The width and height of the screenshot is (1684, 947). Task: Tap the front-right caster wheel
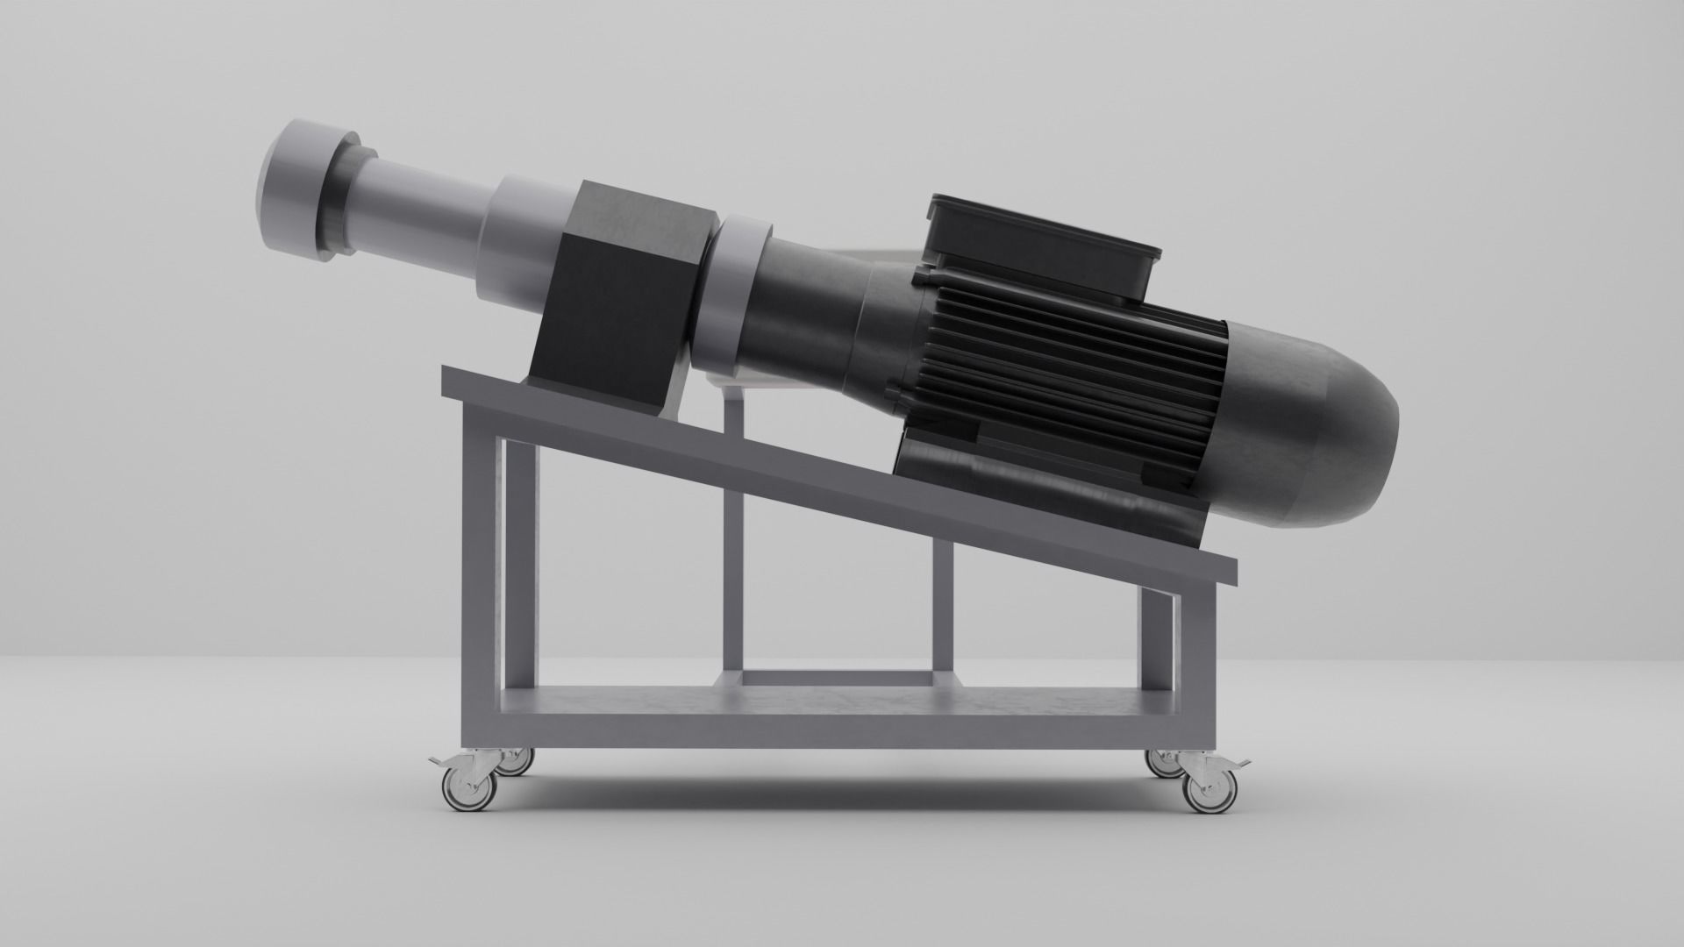coord(1208,792)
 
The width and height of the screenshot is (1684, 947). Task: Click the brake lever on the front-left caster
coord(436,759)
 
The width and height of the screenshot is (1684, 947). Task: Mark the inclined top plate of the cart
coord(789,456)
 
